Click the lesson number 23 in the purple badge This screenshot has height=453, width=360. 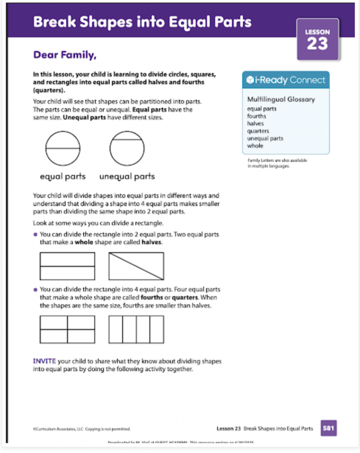(317, 43)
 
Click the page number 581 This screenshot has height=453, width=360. (329, 428)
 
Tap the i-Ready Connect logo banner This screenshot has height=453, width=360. (286, 80)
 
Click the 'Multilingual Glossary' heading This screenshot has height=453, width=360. (281, 99)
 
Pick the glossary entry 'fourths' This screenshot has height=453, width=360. (257, 116)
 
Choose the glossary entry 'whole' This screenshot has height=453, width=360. (255, 146)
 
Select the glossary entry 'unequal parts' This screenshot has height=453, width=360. (265, 138)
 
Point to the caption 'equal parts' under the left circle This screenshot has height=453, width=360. (63, 177)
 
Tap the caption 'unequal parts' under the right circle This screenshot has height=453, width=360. (127, 177)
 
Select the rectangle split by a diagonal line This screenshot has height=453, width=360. (136, 266)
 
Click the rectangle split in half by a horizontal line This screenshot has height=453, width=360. (67, 266)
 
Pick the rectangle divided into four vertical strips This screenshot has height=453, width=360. (136, 329)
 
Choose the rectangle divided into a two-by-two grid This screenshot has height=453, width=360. (67, 329)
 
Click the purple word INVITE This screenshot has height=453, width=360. (45, 361)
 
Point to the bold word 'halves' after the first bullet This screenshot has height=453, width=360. (151, 242)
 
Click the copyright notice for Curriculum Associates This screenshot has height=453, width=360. (81, 429)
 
